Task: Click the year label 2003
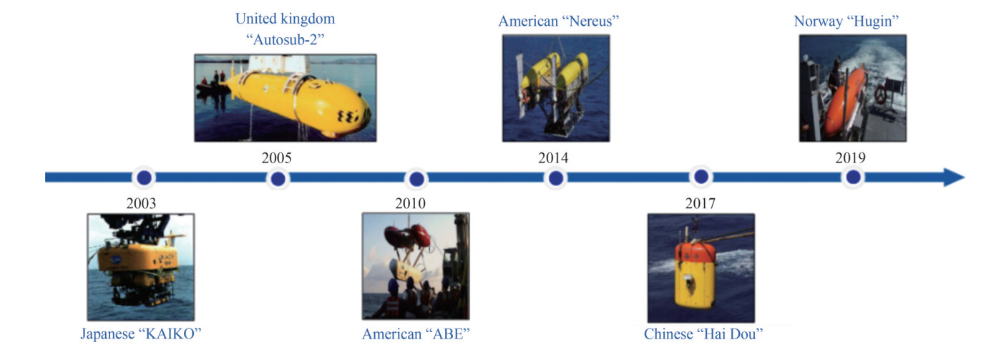coord(141,203)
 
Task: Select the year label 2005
coord(276,157)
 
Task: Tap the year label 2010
coord(410,203)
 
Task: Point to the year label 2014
coord(553,157)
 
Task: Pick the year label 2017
coord(701,203)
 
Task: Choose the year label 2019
coord(851,157)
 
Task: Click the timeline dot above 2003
coord(144,177)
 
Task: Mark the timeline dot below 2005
coord(278,179)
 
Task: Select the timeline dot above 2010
coord(416,179)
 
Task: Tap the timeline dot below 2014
coord(556,178)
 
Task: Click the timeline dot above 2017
coord(701,177)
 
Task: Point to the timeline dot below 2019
coord(853,177)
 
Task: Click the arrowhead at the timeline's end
coord(954,177)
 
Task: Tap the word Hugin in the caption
coord(873,21)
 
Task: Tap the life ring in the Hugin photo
coord(880,94)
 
